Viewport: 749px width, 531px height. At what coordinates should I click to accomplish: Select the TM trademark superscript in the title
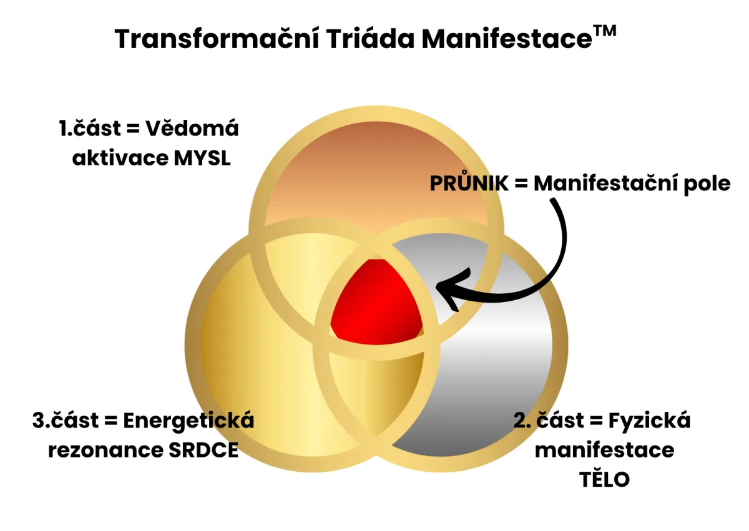(604, 31)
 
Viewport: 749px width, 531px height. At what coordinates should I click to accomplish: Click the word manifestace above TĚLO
(604, 450)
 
